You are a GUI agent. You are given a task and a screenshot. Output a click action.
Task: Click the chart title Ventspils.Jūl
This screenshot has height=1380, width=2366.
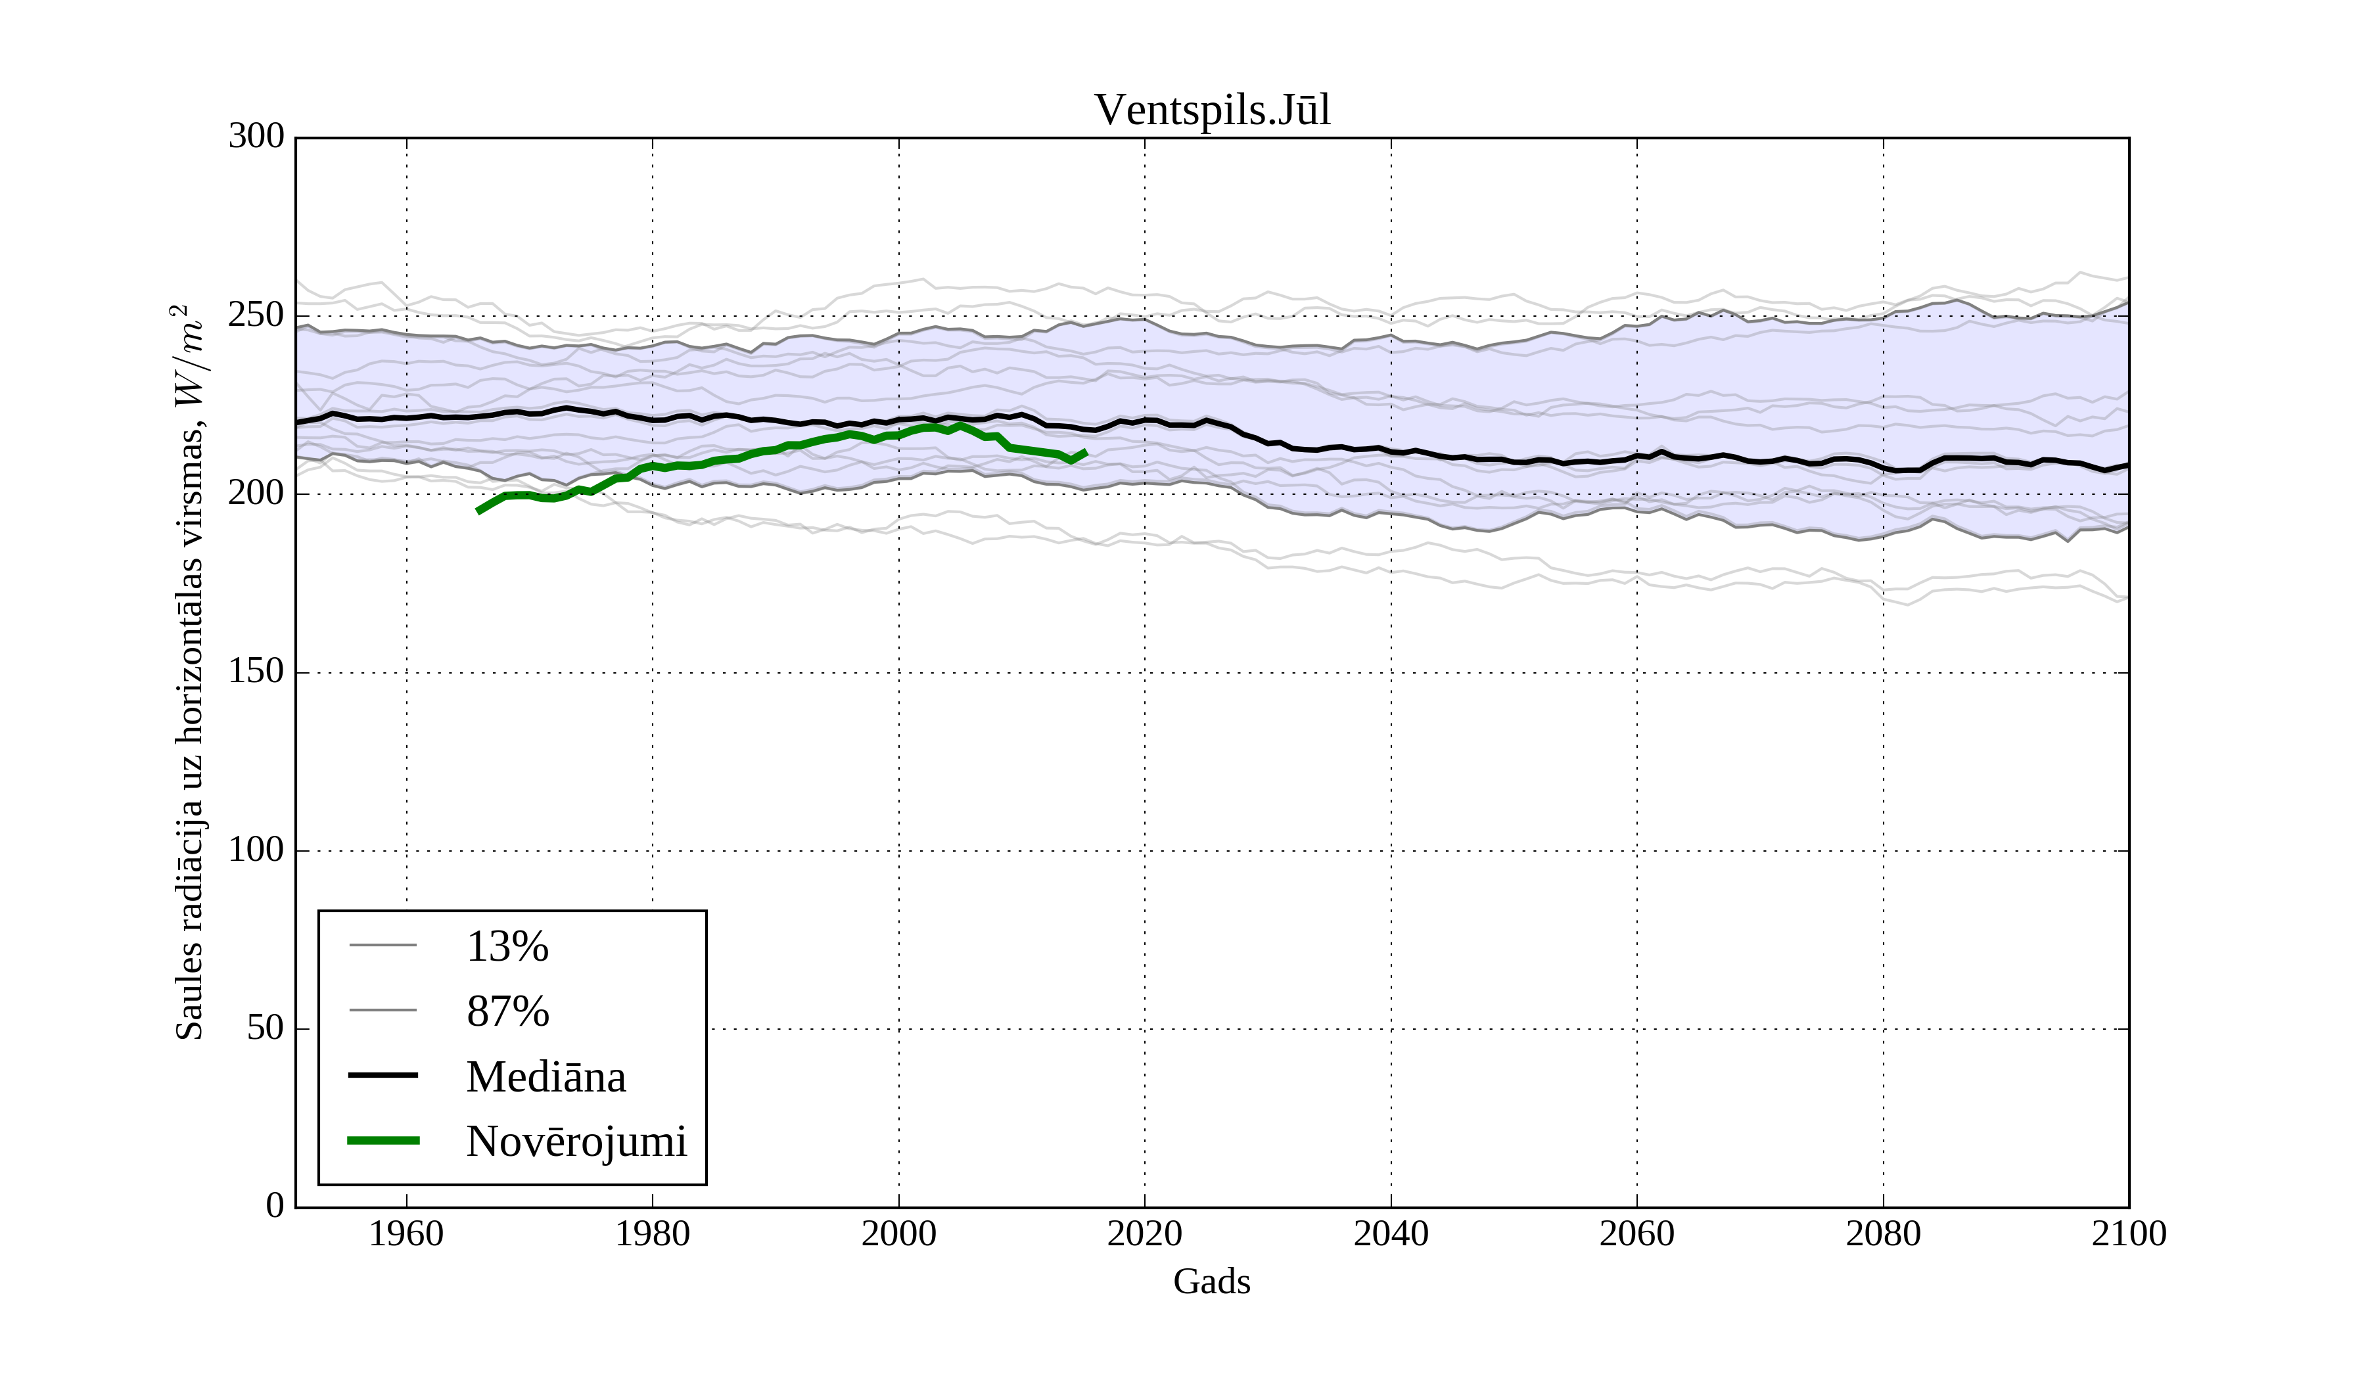1211,111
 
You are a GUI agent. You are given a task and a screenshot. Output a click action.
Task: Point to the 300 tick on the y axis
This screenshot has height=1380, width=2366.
256,137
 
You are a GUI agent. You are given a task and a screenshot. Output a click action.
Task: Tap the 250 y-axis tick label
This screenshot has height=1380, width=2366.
256,315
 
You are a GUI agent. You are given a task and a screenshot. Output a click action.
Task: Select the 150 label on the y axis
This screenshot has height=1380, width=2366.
256,672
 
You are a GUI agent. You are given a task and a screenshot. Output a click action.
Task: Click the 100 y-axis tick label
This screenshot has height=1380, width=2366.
256,850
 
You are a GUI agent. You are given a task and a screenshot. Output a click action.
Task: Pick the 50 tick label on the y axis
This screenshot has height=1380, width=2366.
265,1029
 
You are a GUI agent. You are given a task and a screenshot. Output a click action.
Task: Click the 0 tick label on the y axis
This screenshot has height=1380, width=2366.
275,1207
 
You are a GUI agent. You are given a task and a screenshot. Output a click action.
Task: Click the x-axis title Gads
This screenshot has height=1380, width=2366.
1211,1282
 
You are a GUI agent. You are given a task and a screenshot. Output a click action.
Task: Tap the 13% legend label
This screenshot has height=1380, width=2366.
507,946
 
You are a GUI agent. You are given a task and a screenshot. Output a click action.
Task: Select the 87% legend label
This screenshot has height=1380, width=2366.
507,1012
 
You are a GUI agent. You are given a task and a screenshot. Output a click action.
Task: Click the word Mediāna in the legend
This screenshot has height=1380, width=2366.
545,1077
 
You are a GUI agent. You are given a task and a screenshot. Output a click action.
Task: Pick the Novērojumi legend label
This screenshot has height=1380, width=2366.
576,1141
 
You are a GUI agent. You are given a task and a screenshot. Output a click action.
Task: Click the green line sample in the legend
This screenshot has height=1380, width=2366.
383,1141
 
